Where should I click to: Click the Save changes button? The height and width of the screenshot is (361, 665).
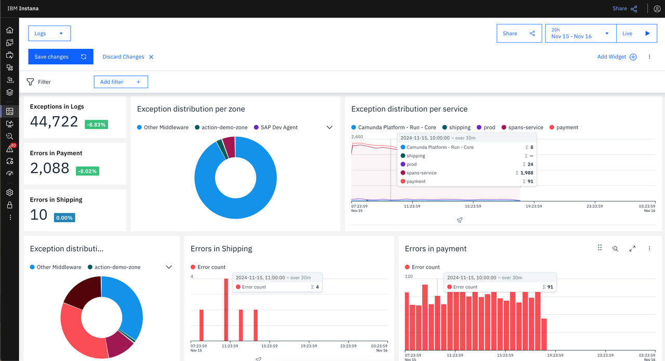61,57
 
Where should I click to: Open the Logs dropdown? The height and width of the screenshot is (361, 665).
49,33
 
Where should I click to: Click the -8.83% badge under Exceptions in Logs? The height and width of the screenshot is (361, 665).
96,124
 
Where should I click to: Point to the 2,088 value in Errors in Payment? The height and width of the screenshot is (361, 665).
49,168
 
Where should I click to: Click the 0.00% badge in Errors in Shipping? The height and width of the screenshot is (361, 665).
64,218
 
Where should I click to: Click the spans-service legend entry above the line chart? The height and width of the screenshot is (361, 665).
522,127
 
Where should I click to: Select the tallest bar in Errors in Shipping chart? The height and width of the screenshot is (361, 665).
226,310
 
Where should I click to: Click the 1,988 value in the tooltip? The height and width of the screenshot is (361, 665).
527,173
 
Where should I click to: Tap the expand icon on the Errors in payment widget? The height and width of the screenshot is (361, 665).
632,248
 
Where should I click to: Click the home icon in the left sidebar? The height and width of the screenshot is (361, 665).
10,30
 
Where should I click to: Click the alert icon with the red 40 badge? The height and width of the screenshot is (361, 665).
10,148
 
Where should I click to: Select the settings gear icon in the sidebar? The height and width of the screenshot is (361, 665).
10,192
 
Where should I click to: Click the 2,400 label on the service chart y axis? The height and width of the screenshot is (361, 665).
357,137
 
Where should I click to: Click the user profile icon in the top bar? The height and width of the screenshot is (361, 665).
657,9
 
